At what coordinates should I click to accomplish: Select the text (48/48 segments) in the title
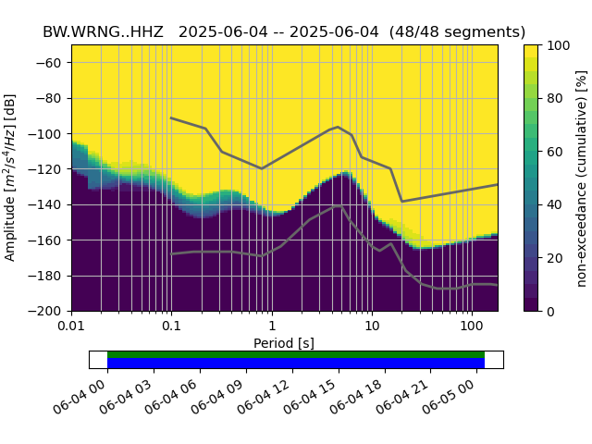(457, 31)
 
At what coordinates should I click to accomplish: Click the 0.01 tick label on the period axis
(71, 327)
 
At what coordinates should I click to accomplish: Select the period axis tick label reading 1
(271, 327)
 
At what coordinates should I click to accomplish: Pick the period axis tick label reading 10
(371, 327)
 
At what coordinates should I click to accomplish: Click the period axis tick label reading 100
(471, 327)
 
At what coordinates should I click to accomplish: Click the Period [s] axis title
(284, 343)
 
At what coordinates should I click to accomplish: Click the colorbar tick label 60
(559, 152)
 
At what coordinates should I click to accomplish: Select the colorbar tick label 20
(559, 258)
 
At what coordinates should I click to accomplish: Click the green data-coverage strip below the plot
(296, 354)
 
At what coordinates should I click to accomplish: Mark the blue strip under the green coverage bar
(296, 364)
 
